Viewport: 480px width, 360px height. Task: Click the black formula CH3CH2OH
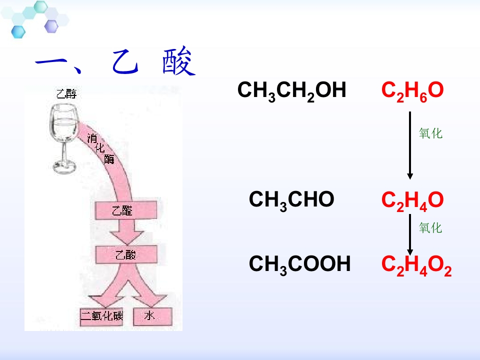291,91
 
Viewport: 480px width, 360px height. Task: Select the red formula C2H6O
412,91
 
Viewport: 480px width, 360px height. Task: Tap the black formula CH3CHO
291,200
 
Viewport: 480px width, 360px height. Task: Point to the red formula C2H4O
412,201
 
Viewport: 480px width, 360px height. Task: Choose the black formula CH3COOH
299,265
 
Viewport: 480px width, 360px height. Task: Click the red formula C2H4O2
416,265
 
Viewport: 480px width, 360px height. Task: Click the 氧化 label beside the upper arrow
430,133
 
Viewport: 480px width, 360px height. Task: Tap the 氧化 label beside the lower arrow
430,228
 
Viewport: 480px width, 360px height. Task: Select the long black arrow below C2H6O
410,145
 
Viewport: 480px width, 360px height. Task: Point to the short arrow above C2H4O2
410,235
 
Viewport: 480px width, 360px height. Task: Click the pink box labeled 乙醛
126,210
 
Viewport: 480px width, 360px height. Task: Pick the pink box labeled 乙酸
126,254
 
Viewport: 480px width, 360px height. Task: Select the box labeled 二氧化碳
101,316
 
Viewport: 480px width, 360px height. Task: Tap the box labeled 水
153,316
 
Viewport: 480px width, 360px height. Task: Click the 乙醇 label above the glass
66,93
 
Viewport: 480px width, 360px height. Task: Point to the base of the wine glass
64,167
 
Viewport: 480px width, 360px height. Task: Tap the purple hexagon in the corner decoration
51,26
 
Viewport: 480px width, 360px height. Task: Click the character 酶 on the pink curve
109,159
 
